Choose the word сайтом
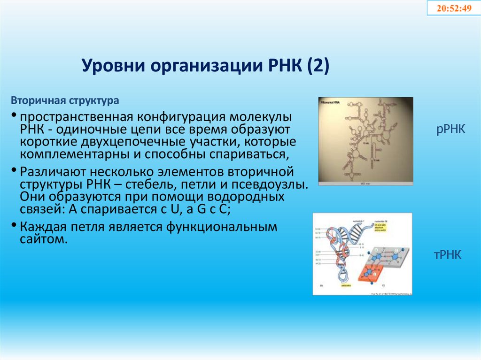coord(44,239)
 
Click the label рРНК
coord(450,129)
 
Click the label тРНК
coord(448,255)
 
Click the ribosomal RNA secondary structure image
coord(365,141)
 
